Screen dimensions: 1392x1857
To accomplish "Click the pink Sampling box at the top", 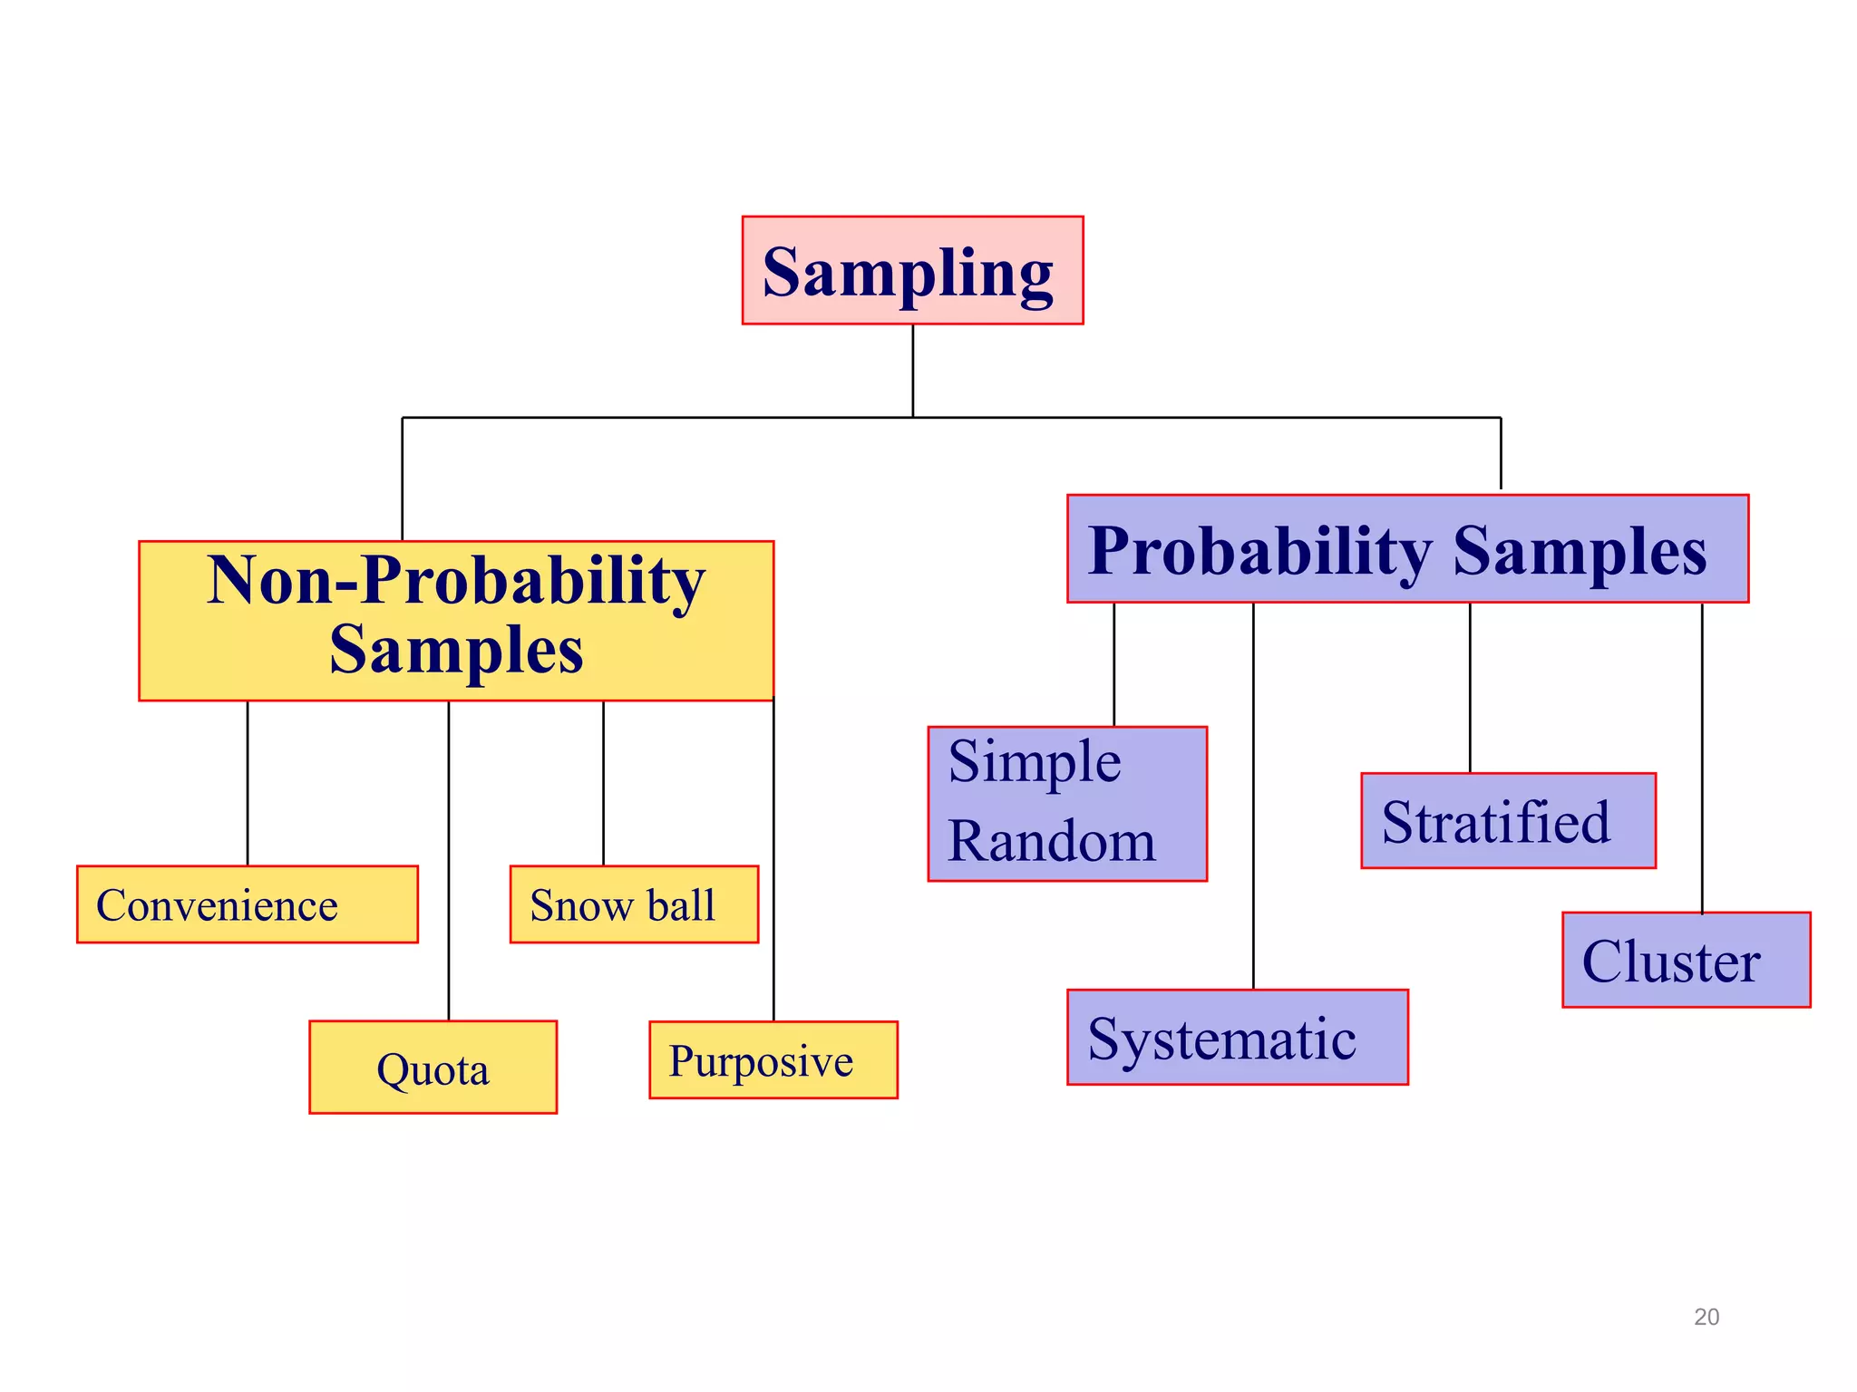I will click(912, 270).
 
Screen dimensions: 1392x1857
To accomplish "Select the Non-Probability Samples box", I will click(456, 621).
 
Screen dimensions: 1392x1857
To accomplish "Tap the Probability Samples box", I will click(1407, 548).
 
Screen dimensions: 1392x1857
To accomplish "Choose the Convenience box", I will click(247, 904).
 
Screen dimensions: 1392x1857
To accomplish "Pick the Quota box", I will click(433, 1067).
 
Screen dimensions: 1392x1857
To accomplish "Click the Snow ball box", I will click(634, 904).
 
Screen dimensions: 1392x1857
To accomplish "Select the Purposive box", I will click(773, 1059).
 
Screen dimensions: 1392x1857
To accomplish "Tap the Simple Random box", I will click(1067, 803).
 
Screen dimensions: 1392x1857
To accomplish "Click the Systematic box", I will click(1237, 1037).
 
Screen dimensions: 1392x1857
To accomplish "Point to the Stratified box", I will click(1508, 820).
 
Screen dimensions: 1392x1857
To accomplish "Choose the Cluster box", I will click(1686, 960).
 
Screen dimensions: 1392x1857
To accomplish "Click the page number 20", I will click(1706, 1317).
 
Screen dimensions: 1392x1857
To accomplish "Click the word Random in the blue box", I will click(1052, 841).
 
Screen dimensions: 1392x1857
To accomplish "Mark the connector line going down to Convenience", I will click(248, 784).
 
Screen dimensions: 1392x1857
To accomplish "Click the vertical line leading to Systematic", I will click(1253, 797).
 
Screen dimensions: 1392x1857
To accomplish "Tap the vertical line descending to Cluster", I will click(1702, 757).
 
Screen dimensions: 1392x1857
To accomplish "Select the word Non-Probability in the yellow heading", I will click(456, 581).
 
